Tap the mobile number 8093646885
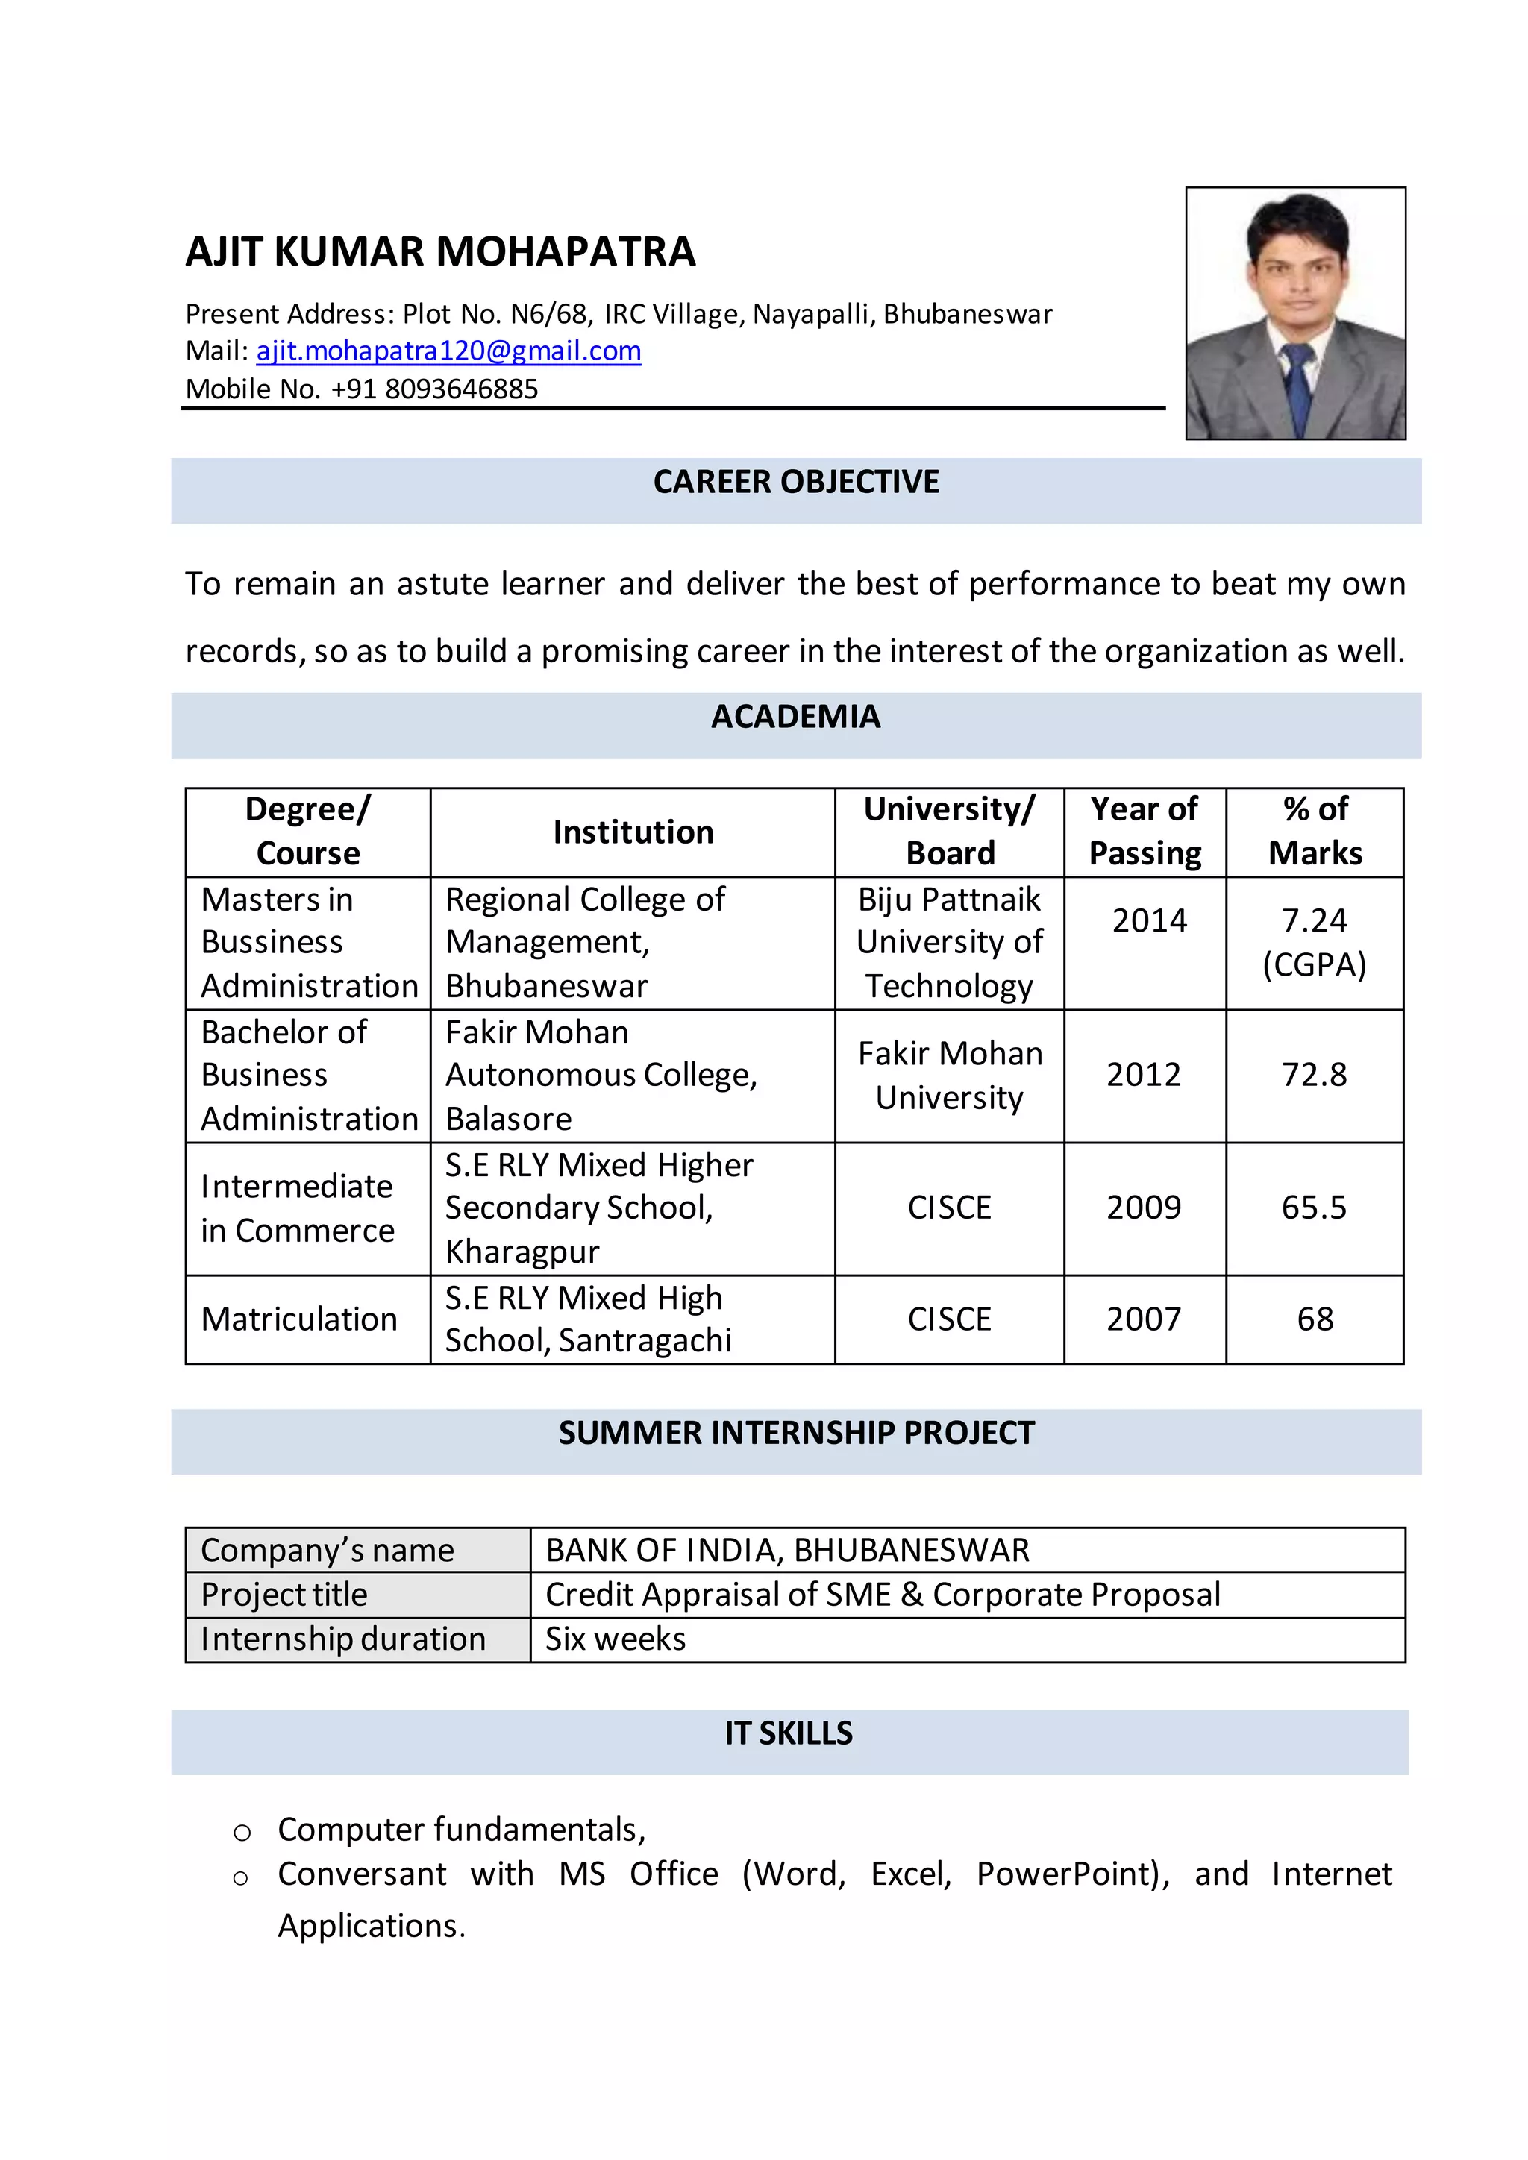pos(461,389)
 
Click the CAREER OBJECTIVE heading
pos(796,482)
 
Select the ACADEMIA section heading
pos(796,717)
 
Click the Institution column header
pos(633,832)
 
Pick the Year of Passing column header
pos(1145,832)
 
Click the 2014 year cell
pos(1149,920)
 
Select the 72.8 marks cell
pos(1315,1074)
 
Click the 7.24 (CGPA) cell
pos(1315,943)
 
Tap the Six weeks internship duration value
pos(616,1639)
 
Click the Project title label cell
pos(284,1595)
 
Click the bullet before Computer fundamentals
pos(242,1832)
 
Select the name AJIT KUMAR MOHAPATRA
pos(440,252)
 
